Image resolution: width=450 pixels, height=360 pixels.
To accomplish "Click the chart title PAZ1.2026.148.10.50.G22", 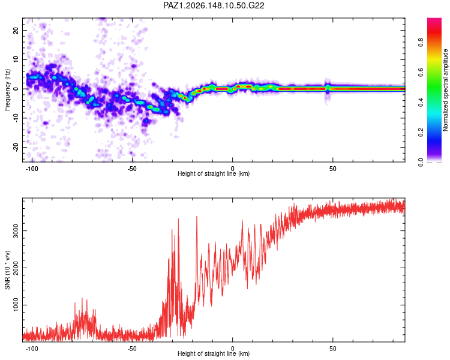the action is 214,5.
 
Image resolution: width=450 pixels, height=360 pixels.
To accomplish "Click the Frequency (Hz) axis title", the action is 7,90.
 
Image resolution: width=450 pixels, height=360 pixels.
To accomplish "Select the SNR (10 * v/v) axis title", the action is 7,270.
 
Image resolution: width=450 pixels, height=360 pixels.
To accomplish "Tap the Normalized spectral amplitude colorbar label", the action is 445,90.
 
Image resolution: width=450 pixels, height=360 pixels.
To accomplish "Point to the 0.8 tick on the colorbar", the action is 421,43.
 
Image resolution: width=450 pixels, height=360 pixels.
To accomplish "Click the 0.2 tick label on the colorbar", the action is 421,133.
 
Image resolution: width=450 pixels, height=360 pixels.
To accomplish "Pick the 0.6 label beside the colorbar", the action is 421,73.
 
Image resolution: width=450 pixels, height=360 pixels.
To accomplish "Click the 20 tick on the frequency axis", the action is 16,30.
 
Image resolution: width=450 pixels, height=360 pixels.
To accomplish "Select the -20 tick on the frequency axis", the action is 16,147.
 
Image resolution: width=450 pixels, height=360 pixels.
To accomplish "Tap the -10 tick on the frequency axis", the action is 16,118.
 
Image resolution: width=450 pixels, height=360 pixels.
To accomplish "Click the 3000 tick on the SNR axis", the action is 16,231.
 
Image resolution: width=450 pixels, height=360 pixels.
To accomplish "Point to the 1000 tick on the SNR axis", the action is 16,305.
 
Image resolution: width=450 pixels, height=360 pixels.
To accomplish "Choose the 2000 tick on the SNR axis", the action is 16,268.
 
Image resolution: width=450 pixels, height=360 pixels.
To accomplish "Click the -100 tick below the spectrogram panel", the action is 32,169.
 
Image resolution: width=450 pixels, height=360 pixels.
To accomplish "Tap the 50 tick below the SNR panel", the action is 332,349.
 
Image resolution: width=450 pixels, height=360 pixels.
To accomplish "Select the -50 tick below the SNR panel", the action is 132,349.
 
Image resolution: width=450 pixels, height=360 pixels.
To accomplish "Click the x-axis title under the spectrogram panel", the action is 214,173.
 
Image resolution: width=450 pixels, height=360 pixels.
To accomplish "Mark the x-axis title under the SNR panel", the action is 214,353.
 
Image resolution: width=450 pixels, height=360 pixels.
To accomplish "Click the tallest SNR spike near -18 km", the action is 197,217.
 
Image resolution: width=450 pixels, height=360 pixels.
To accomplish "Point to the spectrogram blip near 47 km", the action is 328,89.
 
